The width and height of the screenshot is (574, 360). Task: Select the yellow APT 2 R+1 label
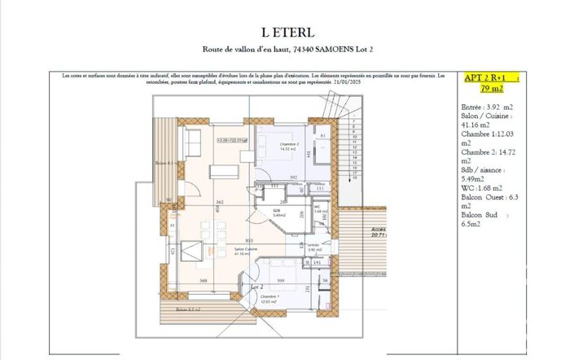click(x=484, y=78)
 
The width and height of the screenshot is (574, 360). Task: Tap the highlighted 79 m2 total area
click(x=491, y=88)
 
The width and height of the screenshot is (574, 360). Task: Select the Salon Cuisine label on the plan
click(x=245, y=252)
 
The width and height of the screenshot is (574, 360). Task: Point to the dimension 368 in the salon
click(x=204, y=281)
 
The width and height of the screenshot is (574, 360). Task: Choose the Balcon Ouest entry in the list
click(x=489, y=198)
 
